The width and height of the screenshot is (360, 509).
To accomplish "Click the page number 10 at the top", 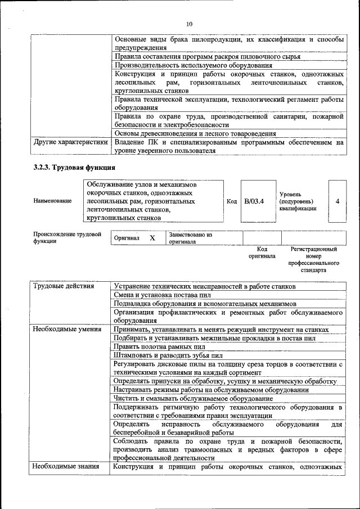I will pyautogui.click(x=189, y=24).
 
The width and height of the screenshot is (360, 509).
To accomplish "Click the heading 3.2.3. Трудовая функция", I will pyautogui.click(x=74, y=168).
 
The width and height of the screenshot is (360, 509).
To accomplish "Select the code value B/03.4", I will pyautogui.click(x=254, y=201).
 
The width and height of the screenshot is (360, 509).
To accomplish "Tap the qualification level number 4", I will pyautogui.click(x=337, y=201).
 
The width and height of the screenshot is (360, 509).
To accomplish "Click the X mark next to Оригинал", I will pyautogui.click(x=152, y=238).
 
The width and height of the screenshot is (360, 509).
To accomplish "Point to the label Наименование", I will pyautogui.click(x=52, y=201).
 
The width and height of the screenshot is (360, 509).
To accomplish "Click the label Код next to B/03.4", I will pyautogui.click(x=232, y=201).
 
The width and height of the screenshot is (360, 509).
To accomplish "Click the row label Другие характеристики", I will pyautogui.click(x=70, y=142).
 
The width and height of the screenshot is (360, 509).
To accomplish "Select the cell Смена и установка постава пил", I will pyautogui.click(x=163, y=295).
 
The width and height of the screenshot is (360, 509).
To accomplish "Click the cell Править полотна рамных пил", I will pyautogui.click(x=159, y=347).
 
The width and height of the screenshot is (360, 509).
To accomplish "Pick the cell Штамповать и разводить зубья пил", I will pyautogui.click(x=168, y=355).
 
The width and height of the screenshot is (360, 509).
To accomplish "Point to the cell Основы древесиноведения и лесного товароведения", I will pyautogui.click(x=195, y=134).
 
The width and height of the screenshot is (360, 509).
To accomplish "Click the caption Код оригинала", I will pyautogui.click(x=262, y=252).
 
